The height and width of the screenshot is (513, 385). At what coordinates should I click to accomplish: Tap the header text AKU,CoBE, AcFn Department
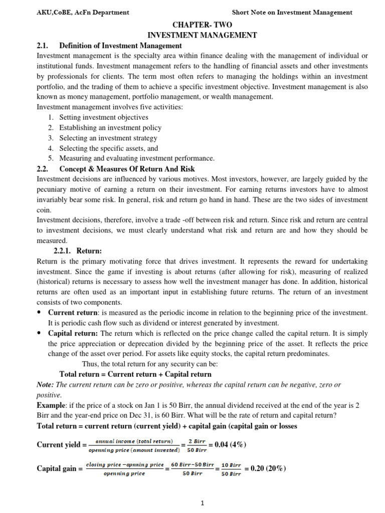[x=83, y=13]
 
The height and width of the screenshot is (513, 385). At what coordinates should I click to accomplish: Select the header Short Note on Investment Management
[x=292, y=13]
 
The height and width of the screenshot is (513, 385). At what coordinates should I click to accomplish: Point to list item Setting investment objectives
[x=104, y=117]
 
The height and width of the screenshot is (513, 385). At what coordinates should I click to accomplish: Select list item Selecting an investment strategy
[x=108, y=138]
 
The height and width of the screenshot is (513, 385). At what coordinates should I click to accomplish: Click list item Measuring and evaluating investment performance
[x=136, y=158]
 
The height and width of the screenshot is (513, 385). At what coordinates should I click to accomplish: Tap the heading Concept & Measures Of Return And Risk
[x=127, y=169]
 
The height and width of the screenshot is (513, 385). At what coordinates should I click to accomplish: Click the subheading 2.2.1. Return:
[x=78, y=251]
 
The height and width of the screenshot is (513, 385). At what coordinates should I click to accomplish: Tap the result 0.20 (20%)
[x=264, y=469]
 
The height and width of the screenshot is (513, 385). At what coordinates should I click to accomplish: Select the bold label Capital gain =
[x=60, y=469]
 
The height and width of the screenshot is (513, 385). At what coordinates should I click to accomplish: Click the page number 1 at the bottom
[x=202, y=504]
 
